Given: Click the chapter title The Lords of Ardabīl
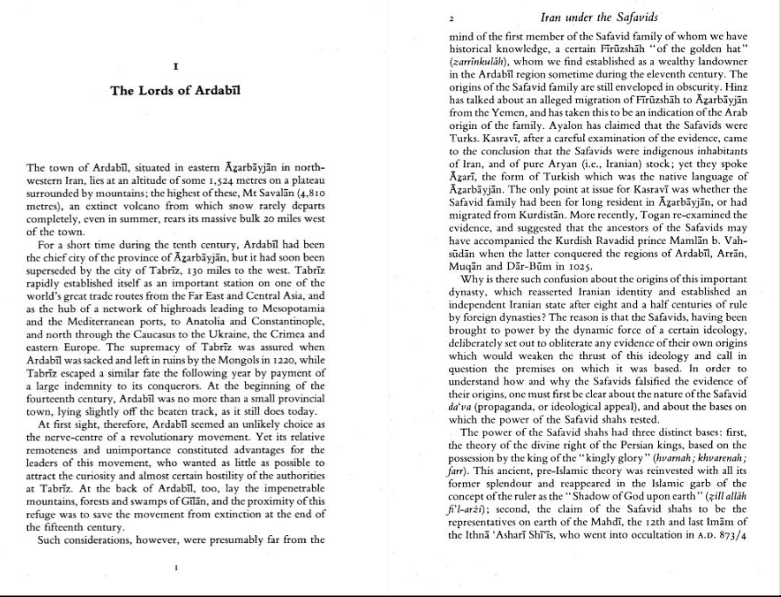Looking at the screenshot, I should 175,90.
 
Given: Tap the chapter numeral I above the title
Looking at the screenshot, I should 176,64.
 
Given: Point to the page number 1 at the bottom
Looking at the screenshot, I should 176,567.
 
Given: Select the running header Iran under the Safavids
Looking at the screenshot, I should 600,17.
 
